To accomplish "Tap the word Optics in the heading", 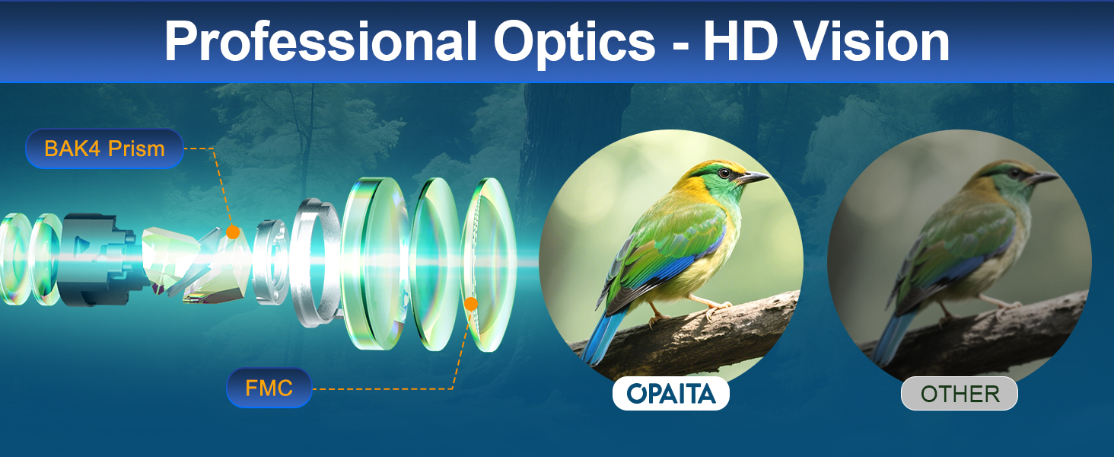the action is point(575,43).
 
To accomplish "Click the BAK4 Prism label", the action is point(104,149).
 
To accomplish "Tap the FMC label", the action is point(269,388).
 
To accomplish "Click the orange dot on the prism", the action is point(232,232).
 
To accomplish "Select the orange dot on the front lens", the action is point(470,304).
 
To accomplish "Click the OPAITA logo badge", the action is point(671,394).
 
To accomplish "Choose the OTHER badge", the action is point(960,394).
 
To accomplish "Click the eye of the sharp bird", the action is point(724,173).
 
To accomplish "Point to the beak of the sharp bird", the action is point(753,177).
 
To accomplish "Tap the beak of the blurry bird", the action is point(1042,177).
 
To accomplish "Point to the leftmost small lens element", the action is point(14,259).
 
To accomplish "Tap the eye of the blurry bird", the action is point(1014,174).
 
